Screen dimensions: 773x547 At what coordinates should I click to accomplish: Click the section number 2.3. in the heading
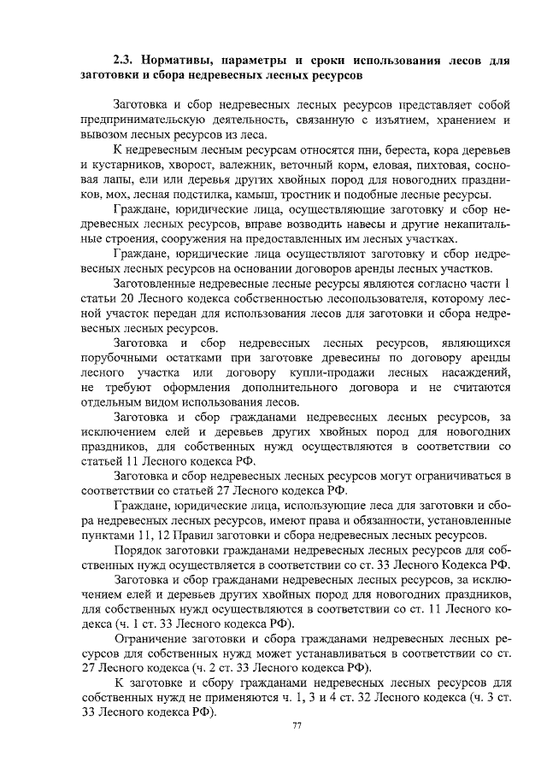(126, 61)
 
